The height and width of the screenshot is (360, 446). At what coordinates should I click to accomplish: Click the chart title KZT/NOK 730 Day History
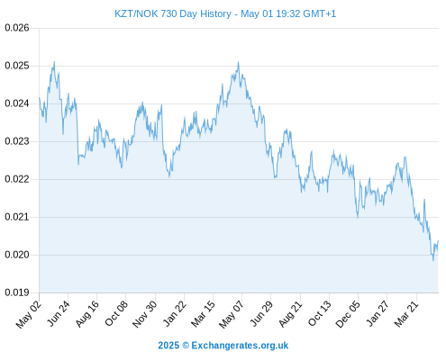173,13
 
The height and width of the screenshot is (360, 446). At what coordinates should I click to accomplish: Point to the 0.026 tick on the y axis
17,28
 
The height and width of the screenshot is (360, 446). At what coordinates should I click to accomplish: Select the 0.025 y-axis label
17,66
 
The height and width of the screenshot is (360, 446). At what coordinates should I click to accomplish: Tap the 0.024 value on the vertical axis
17,103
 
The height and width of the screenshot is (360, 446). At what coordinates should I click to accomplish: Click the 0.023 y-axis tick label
17,141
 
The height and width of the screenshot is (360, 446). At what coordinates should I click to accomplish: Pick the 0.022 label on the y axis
17,179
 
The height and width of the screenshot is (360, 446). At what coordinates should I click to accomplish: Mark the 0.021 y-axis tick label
17,217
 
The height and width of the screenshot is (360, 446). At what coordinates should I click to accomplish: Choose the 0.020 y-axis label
17,255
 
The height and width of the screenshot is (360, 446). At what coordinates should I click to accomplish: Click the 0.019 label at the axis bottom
17,292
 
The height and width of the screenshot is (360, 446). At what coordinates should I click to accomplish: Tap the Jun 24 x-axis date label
59,313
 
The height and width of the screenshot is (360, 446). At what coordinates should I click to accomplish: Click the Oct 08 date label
116,313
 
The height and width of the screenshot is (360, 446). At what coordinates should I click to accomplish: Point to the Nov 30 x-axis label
145,314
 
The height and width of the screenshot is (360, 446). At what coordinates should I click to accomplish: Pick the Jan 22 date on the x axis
175,313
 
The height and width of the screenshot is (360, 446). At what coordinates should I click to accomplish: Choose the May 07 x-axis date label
232,314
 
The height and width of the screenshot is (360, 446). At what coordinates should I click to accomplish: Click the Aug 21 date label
291,314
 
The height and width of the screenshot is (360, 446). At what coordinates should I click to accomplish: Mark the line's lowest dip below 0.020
433,260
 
